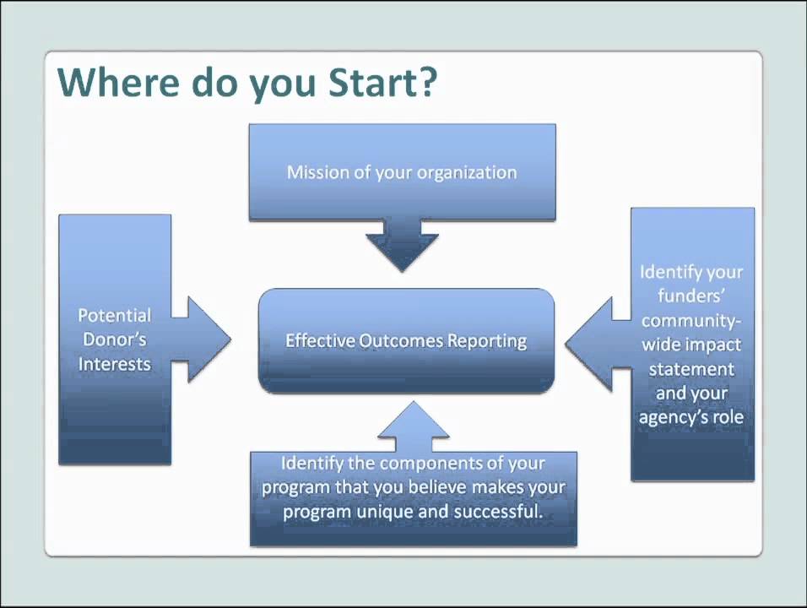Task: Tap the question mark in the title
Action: [426, 83]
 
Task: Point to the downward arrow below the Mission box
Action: [402, 244]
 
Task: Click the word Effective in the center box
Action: [320, 341]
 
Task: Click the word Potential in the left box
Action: [114, 316]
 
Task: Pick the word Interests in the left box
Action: [114, 364]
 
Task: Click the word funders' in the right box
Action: [691, 296]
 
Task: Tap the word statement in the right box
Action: [691, 369]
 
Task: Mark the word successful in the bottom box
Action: [502, 512]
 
